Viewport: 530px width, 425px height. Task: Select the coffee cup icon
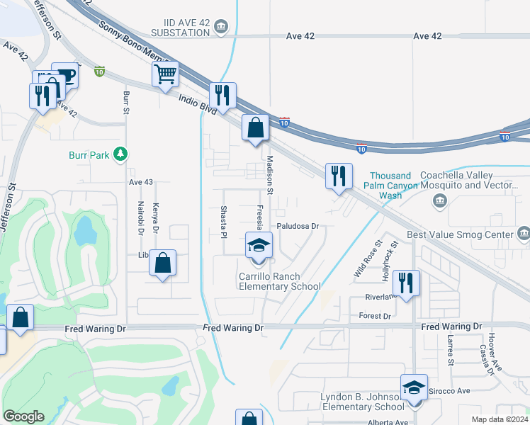[x=65, y=76]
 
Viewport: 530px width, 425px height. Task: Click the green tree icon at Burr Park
[x=120, y=154]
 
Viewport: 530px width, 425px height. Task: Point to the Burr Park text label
[x=90, y=154]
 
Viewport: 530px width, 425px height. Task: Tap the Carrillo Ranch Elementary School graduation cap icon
[x=259, y=246]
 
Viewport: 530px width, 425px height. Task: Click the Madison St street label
[x=270, y=175]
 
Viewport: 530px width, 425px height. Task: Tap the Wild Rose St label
[x=368, y=258]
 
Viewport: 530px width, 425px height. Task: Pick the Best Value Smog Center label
[x=460, y=234]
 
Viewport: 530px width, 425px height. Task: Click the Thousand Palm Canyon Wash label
[x=391, y=186]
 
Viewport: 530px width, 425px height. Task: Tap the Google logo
[x=24, y=416]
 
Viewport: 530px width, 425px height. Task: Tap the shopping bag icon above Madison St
[x=255, y=128]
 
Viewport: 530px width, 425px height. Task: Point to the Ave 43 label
[x=140, y=182]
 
